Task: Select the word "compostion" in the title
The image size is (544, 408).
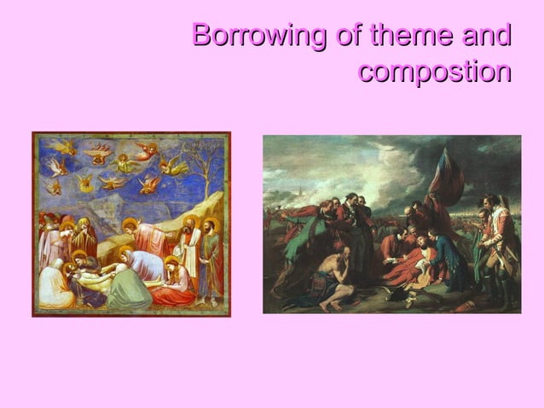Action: click(434, 72)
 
